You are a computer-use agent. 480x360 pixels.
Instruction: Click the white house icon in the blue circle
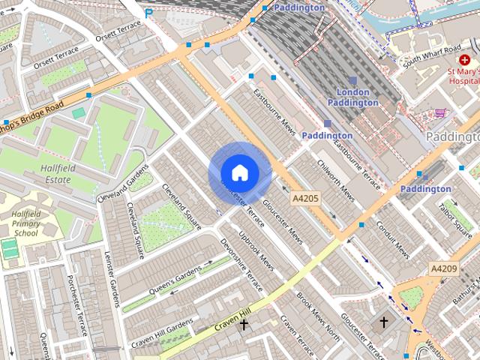click(x=239, y=173)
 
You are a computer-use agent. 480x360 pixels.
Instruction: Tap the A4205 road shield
click(x=305, y=199)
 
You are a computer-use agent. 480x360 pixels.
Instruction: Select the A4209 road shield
click(x=443, y=268)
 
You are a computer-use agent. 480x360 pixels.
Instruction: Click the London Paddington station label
click(x=352, y=97)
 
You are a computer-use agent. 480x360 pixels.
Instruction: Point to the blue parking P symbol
click(x=148, y=13)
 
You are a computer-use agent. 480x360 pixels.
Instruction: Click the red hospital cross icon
click(x=454, y=59)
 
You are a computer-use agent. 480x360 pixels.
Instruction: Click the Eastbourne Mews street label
click(x=274, y=113)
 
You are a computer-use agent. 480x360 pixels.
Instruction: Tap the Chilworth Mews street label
click(x=335, y=179)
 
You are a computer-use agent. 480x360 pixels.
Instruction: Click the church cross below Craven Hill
click(x=243, y=325)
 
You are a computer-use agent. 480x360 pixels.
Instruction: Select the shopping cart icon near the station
click(x=439, y=113)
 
